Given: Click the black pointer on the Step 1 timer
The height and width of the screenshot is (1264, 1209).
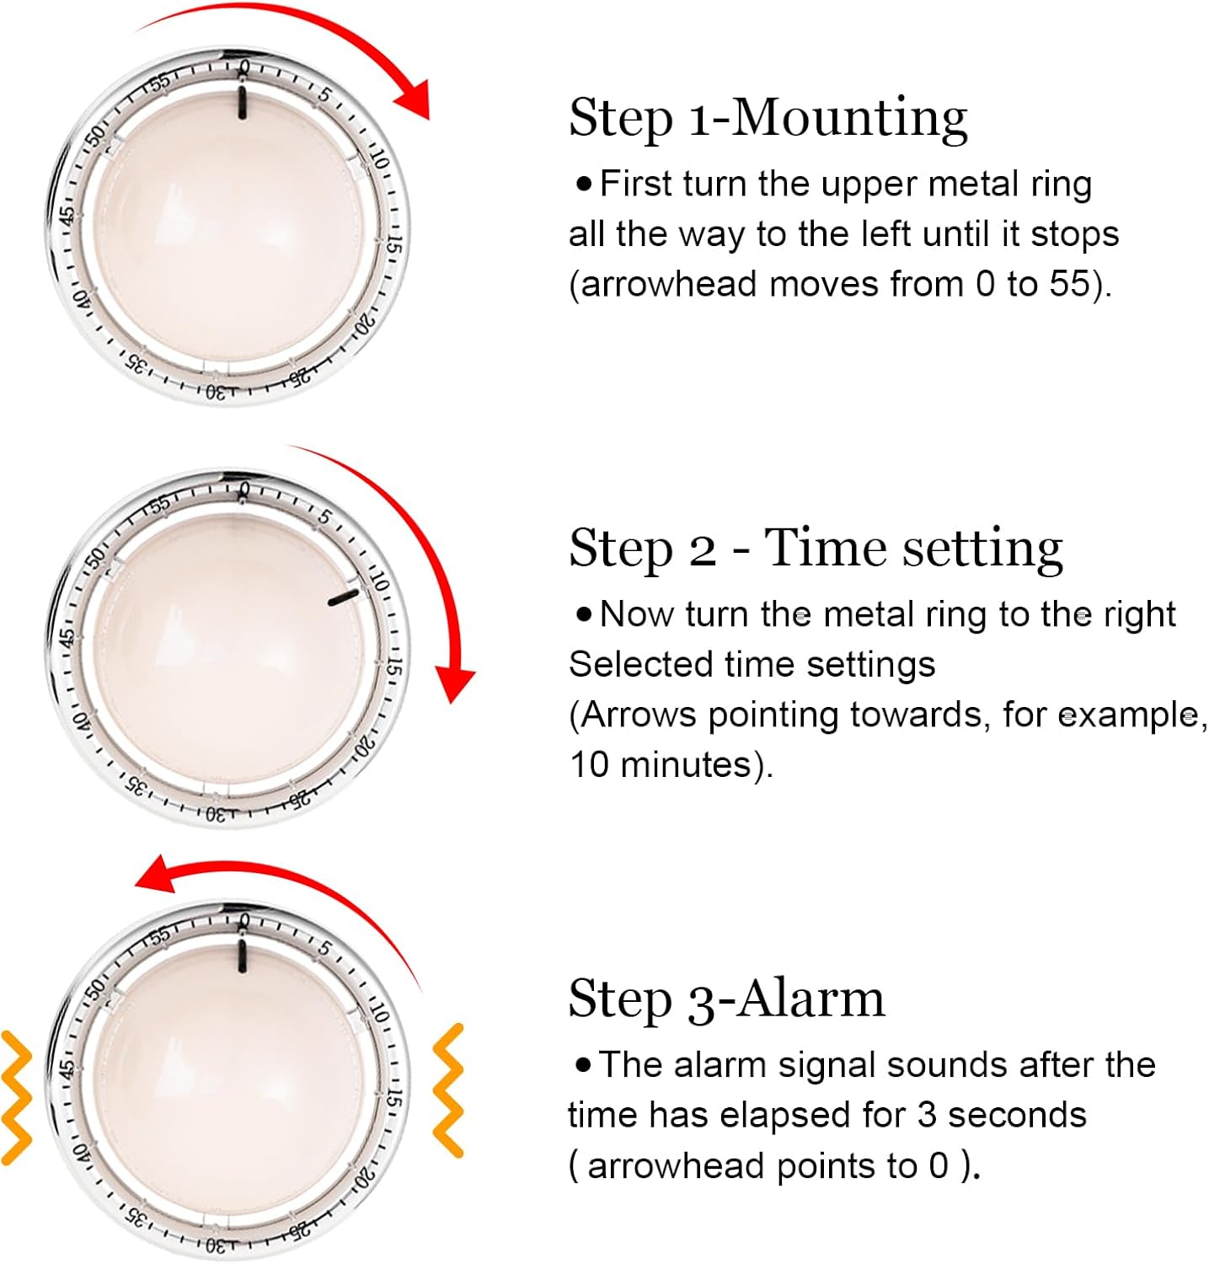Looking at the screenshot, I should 243,102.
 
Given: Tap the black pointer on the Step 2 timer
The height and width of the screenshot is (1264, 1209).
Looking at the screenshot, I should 344,598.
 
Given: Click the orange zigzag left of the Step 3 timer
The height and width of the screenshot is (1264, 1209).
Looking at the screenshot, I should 17,1095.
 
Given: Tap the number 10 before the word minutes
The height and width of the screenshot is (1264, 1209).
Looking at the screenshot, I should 589,764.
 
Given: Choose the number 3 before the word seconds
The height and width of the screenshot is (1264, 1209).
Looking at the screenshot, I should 927,1115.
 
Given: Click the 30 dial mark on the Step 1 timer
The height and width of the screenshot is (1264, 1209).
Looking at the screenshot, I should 216,392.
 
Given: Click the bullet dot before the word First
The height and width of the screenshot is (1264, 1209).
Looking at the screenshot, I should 584,184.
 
